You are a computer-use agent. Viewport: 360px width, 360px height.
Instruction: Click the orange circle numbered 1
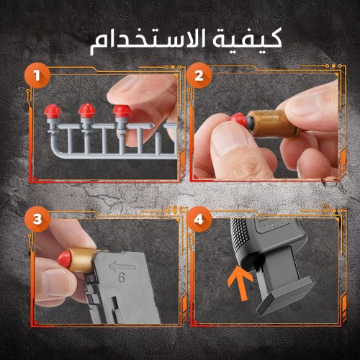pyautogui.click(x=37, y=76)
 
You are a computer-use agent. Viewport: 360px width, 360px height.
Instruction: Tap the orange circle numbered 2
pyautogui.click(x=199, y=76)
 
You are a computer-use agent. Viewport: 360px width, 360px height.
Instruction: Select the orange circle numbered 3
pyautogui.click(x=37, y=220)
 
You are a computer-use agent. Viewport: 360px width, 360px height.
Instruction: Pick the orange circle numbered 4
pyautogui.click(x=199, y=220)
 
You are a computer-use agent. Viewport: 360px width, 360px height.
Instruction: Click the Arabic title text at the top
pyautogui.click(x=186, y=41)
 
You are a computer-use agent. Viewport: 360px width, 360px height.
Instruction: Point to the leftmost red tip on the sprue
pyautogui.click(x=53, y=111)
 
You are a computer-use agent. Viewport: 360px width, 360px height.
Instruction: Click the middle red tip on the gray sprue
pyautogui.click(x=87, y=110)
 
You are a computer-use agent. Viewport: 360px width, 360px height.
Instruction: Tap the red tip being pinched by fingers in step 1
pyautogui.click(x=122, y=111)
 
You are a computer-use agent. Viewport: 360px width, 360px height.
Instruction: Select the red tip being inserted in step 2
pyautogui.click(x=238, y=121)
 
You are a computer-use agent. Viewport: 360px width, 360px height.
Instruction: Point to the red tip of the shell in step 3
pyautogui.click(x=65, y=259)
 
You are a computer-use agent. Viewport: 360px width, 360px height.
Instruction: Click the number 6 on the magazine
pyautogui.click(x=122, y=277)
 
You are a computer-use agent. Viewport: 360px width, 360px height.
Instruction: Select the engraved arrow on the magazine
pyautogui.click(x=122, y=266)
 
